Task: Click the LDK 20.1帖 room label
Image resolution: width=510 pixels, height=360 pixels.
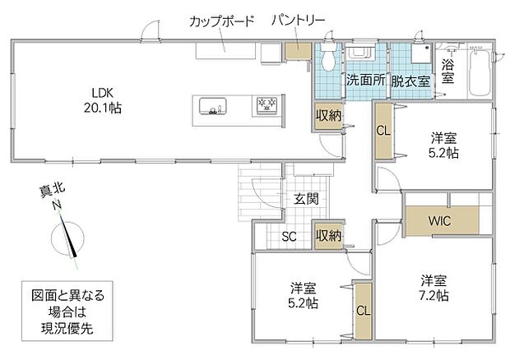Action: pyautogui.click(x=103, y=100)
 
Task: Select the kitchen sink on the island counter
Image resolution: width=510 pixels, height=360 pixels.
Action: pyautogui.click(x=213, y=106)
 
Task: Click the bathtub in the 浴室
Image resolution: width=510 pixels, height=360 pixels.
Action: pyautogui.click(x=480, y=72)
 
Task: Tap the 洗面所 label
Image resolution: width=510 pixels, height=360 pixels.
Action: pyautogui.click(x=365, y=80)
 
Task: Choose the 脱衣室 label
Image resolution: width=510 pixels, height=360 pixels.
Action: pyautogui.click(x=410, y=81)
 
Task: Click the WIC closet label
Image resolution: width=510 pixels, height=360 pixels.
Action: pyautogui.click(x=439, y=221)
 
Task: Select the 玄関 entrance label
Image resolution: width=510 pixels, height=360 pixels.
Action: pyautogui.click(x=306, y=199)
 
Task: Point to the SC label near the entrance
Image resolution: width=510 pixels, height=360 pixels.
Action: pyautogui.click(x=289, y=237)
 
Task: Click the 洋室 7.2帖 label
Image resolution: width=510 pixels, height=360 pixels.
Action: pyautogui.click(x=433, y=288)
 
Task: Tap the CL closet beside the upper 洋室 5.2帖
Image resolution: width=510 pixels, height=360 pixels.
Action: pyautogui.click(x=383, y=131)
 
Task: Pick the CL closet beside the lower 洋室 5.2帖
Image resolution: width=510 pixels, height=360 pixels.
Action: pyautogui.click(x=364, y=311)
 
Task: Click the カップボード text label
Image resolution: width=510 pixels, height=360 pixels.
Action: pyautogui.click(x=221, y=21)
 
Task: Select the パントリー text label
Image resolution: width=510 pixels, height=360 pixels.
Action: pyautogui.click(x=299, y=21)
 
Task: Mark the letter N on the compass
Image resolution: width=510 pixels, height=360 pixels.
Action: pyautogui.click(x=58, y=205)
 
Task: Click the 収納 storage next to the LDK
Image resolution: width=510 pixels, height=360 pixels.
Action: pyautogui.click(x=328, y=117)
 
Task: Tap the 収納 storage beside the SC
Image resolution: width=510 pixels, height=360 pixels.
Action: pyautogui.click(x=328, y=236)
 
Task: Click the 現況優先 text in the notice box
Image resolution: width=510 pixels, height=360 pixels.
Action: pyautogui.click(x=67, y=329)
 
